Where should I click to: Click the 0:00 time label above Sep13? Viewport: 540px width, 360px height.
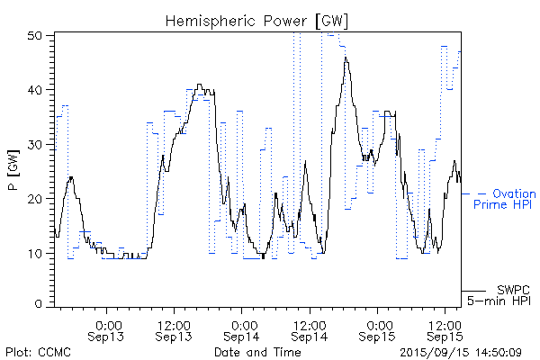point(108,323)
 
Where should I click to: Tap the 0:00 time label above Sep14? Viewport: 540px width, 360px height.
point(243,323)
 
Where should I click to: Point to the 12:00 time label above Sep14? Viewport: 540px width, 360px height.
point(308,323)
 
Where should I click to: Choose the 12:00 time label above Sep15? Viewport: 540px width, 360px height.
point(443,323)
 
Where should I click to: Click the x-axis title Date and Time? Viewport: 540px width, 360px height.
point(257,352)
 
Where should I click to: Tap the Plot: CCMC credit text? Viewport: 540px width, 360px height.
point(35,352)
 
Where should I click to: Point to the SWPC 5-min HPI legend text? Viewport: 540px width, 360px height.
point(504,295)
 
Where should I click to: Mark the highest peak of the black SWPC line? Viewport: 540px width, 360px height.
point(346,58)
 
